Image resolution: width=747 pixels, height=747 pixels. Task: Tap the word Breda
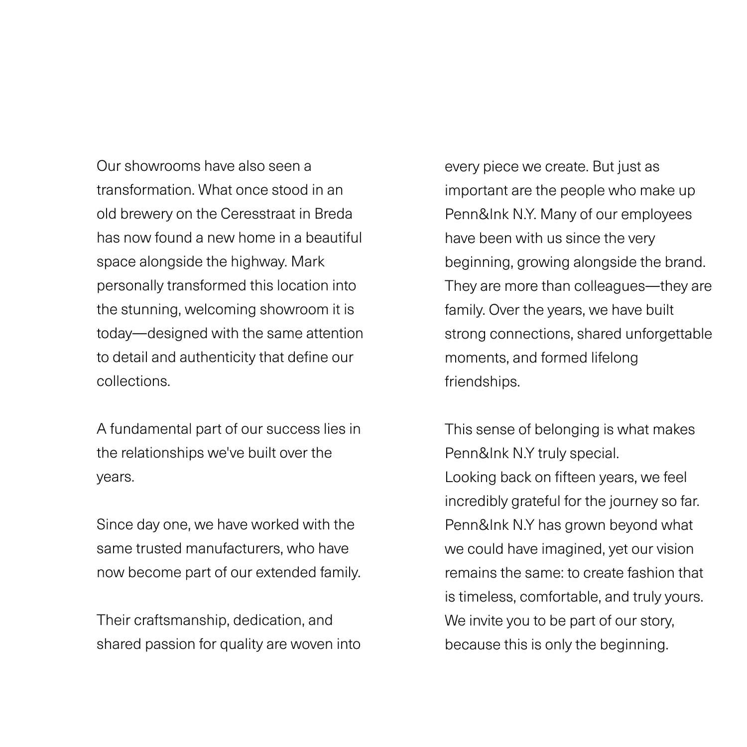point(333,214)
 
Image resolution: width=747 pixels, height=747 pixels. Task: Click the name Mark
point(308,261)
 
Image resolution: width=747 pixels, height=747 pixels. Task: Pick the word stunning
point(152,309)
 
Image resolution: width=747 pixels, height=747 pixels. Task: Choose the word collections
point(133,381)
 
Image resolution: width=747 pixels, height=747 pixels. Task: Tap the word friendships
point(482,381)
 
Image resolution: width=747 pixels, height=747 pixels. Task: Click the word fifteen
point(575,477)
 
